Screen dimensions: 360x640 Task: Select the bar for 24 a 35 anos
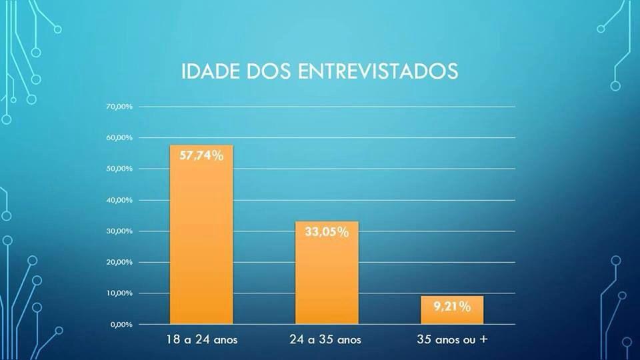pos(327,273)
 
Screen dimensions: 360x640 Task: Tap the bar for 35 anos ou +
pos(452,311)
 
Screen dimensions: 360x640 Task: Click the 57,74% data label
pos(201,157)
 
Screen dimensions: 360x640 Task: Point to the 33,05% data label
pos(327,232)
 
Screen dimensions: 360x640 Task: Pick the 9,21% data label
pos(452,307)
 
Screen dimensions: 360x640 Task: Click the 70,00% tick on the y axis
pos(120,107)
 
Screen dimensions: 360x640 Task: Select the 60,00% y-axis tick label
pos(120,137)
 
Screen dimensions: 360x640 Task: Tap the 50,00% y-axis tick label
pos(120,169)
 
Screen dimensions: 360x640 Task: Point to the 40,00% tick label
pos(120,200)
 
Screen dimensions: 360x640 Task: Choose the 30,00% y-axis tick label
pos(120,231)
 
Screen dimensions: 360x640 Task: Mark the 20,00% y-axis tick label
pos(120,262)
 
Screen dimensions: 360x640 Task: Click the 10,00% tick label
pos(120,293)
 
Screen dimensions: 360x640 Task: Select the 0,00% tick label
pos(122,325)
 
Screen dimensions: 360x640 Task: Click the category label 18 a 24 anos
pos(201,340)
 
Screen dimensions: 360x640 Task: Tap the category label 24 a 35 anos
pos(326,340)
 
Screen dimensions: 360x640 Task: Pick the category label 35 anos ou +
pos(452,340)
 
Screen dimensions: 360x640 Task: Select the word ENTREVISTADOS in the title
pos(378,72)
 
